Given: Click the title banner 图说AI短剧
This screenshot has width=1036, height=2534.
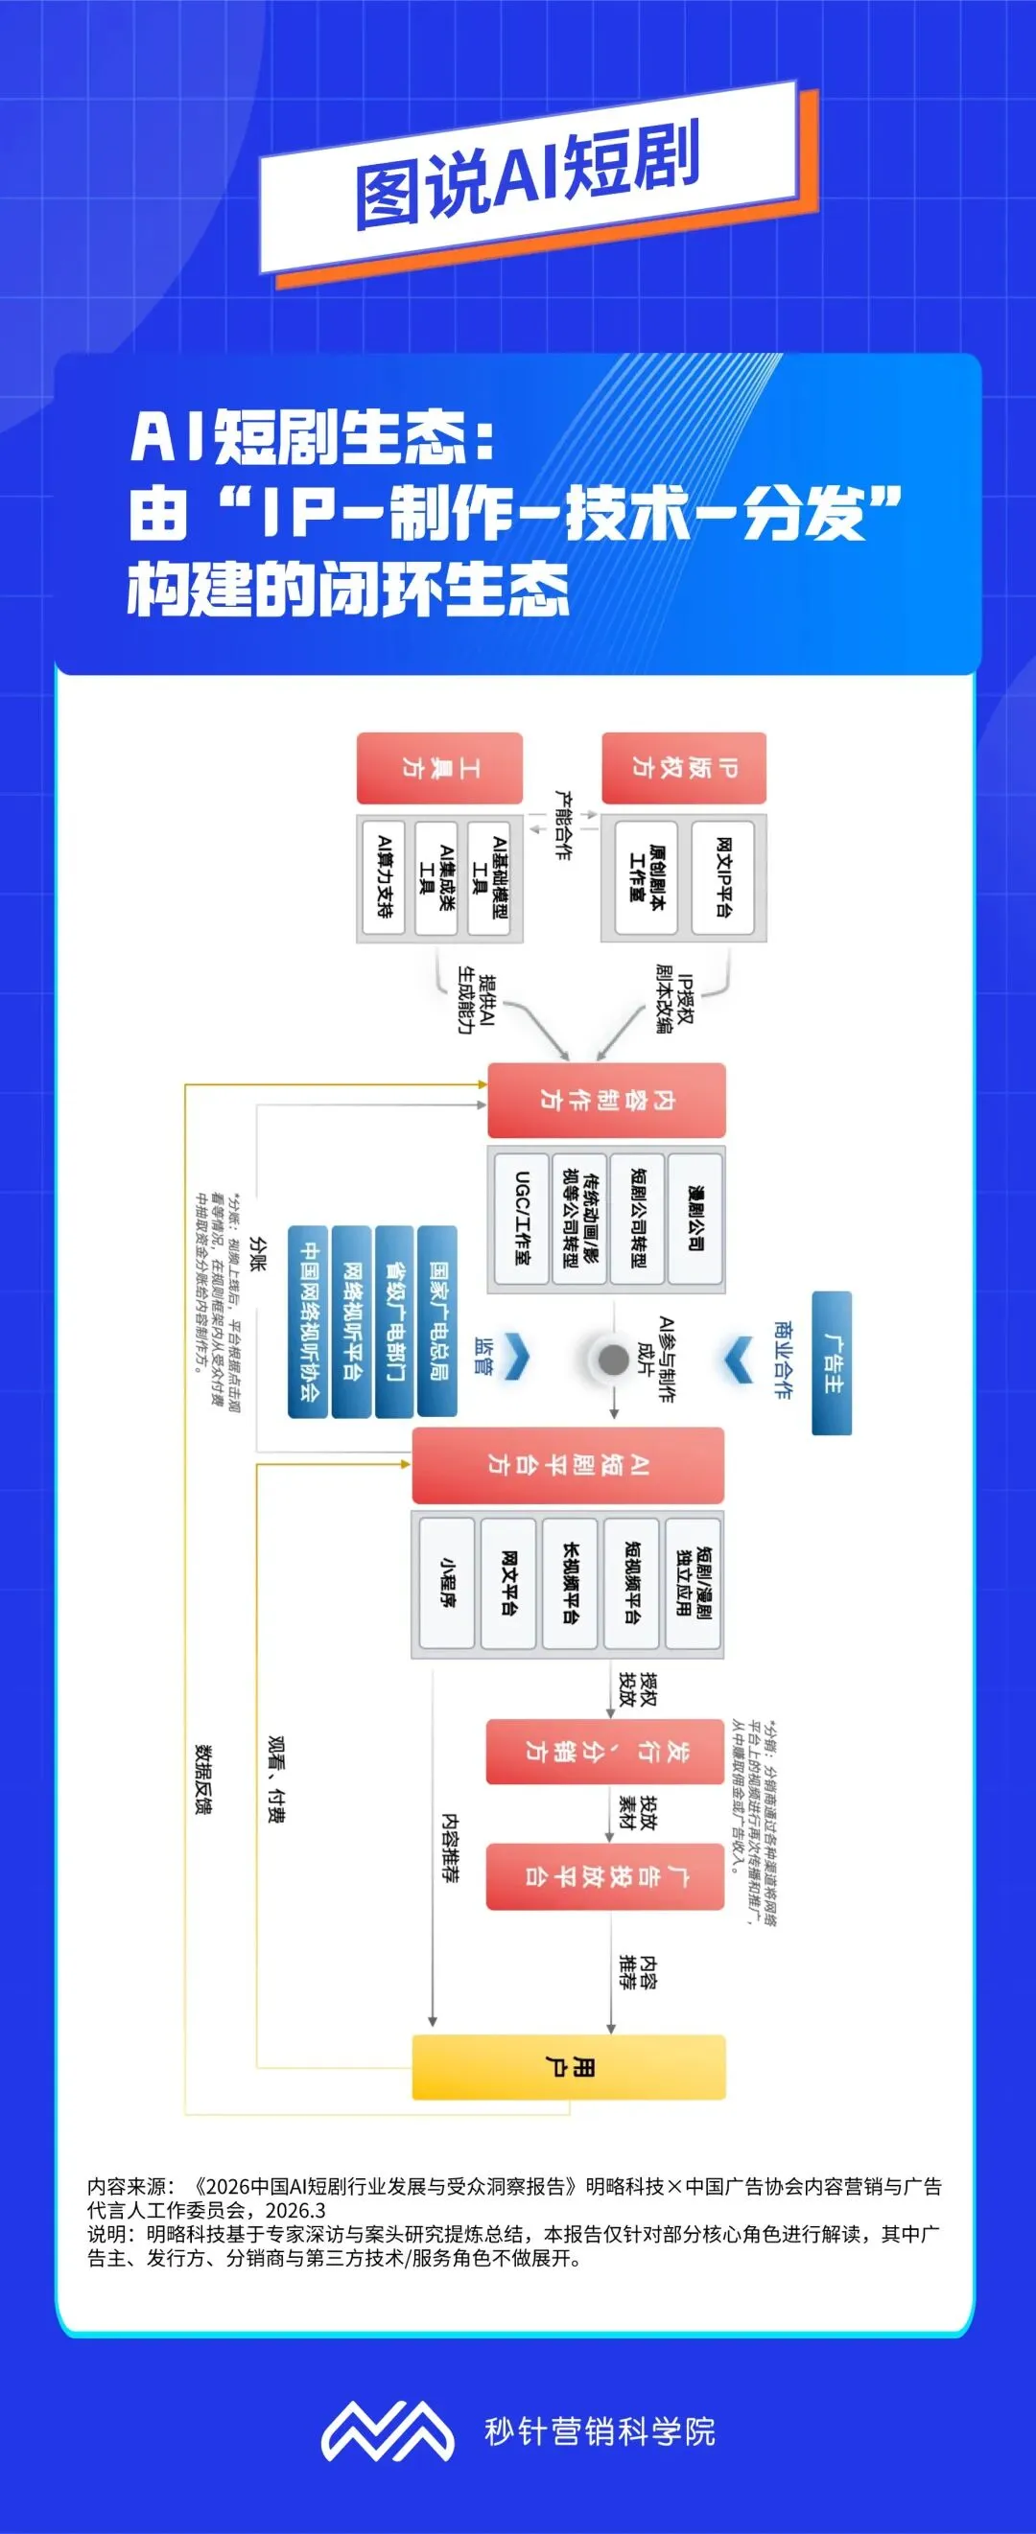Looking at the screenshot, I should pyautogui.click(x=529, y=178).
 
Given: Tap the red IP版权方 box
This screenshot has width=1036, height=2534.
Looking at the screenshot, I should pyautogui.click(x=684, y=767).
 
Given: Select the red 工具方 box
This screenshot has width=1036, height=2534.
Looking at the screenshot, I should pyautogui.click(x=439, y=767).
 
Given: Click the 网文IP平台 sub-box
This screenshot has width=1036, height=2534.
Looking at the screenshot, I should pyautogui.click(x=722, y=877).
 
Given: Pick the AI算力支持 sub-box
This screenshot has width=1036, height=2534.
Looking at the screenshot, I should pyautogui.click(x=384, y=877).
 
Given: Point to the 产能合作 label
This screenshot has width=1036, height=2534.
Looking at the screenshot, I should pyautogui.click(x=563, y=825).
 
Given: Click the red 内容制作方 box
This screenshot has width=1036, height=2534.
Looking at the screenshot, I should pyautogui.click(x=607, y=1100).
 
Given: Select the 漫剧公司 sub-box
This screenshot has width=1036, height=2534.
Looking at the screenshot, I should pyautogui.click(x=695, y=1218).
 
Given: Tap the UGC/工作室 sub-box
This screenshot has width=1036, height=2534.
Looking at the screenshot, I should pyautogui.click(x=521, y=1218).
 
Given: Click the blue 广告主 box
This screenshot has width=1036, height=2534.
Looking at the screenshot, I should pyautogui.click(x=832, y=1362).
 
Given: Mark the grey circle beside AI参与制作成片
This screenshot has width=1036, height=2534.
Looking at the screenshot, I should pyautogui.click(x=613, y=1360).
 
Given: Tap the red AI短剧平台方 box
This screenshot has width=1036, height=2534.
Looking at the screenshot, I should pyautogui.click(x=568, y=1465).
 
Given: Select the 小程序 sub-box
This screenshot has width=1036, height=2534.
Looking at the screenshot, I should pyautogui.click(x=447, y=1582).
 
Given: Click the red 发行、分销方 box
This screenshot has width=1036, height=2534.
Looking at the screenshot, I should pyautogui.click(x=605, y=1751).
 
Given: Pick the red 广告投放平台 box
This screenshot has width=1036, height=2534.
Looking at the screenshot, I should pyautogui.click(x=605, y=1876).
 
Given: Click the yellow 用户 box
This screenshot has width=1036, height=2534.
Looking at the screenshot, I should pyautogui.click(x=569, y=2068).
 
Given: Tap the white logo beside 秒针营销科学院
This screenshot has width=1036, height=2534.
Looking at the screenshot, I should pyautogui.click(x=388, y=2430).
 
